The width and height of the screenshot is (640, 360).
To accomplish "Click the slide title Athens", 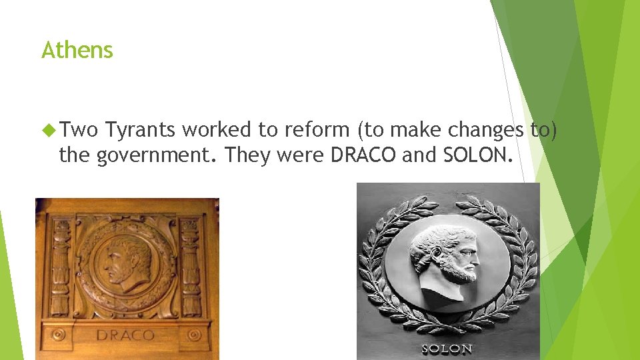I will pos(77,50).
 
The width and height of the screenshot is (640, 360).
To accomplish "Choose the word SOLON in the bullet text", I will pos(478,156).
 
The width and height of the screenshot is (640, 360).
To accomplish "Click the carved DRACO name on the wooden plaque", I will pos(125,335).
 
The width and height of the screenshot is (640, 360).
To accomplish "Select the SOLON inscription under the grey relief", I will pos(447,349).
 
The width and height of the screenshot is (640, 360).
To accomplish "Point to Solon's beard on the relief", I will pos(460,270).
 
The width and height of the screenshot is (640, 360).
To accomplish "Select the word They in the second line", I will pos(247,156).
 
